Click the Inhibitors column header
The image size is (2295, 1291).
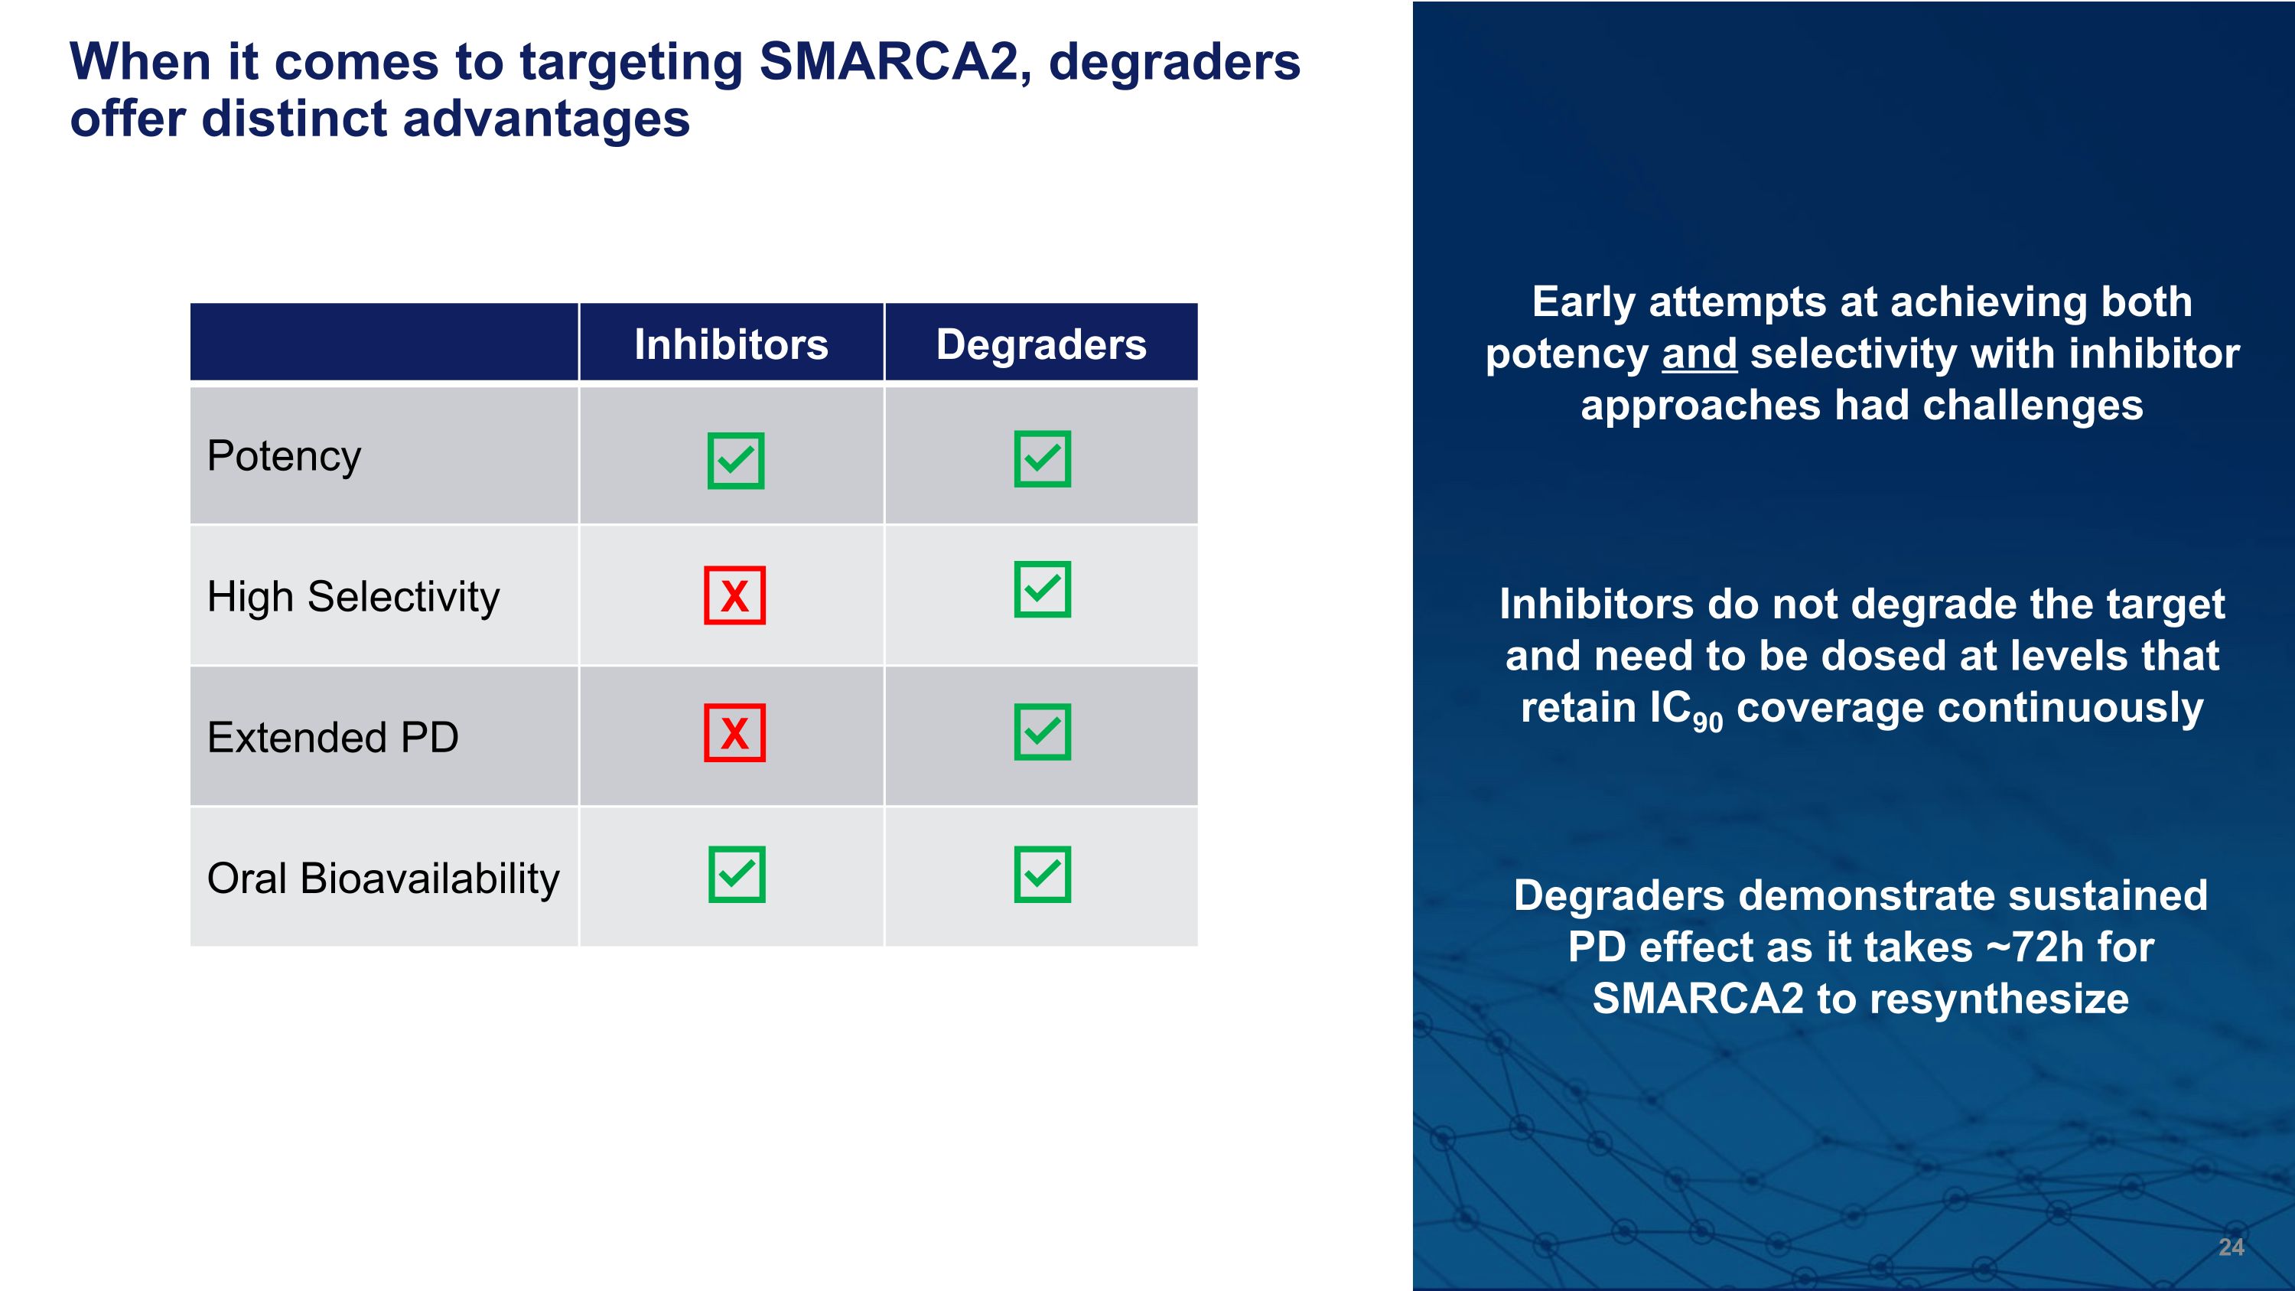click(731, 344)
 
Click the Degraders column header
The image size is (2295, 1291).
click(1040, 344)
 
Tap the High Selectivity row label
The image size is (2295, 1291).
click(353, 596)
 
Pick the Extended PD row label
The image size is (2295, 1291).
click(332, 737)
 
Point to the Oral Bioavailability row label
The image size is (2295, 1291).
click(383, 879)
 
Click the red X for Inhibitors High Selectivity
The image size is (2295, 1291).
click(734, 595)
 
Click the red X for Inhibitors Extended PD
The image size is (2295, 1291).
click(734, 733)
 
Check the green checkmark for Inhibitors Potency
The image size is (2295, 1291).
click(736, 461)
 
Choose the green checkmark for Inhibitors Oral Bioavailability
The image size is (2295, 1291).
click(737, 874)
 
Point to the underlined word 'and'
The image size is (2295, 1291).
click(1699, 354)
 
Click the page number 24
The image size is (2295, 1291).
click(2231, 1247)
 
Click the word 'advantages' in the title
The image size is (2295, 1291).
click(546, 119)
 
